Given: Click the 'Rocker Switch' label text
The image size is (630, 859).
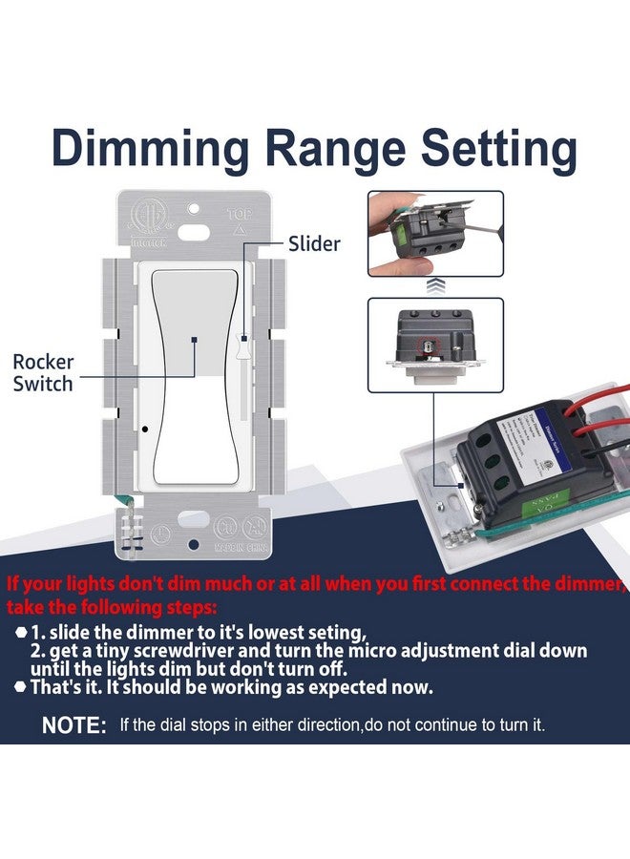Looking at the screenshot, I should (x=43, y=373).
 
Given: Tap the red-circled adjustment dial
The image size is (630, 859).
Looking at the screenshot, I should (x=426, y=345).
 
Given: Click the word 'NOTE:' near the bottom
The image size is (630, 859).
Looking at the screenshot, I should (x=74, y=726).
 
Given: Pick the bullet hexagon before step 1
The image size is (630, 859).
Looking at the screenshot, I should (x=20, y=632).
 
